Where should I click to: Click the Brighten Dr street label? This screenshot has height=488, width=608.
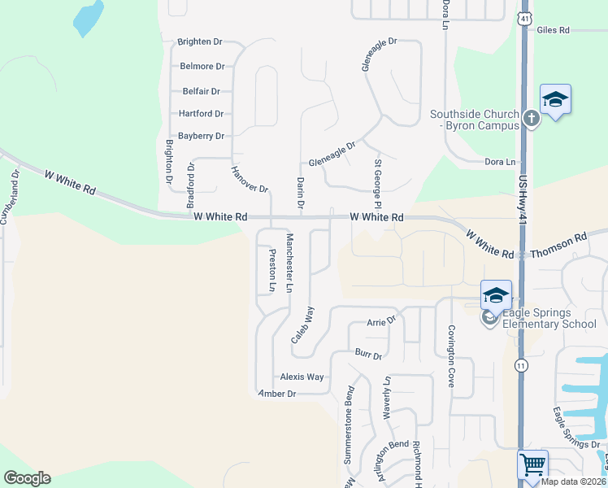coord(200,41)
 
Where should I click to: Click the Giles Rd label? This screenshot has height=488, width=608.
coord(553,30)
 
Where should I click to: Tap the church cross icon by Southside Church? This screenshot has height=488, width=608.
coord(531,119)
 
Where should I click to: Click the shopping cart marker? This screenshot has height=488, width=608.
coord(532,465)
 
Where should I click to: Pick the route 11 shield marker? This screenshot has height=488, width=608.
coord(520,367)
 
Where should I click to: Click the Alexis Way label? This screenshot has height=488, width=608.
coord(302,377)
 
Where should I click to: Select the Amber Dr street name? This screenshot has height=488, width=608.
coord(276,394)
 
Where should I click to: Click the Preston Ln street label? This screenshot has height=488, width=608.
coord(271,270)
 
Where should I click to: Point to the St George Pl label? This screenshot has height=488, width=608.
coord(377,183)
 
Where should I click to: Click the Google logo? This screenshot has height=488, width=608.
coord(27,478)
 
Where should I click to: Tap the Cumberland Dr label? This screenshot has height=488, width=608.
coord(11,197)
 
